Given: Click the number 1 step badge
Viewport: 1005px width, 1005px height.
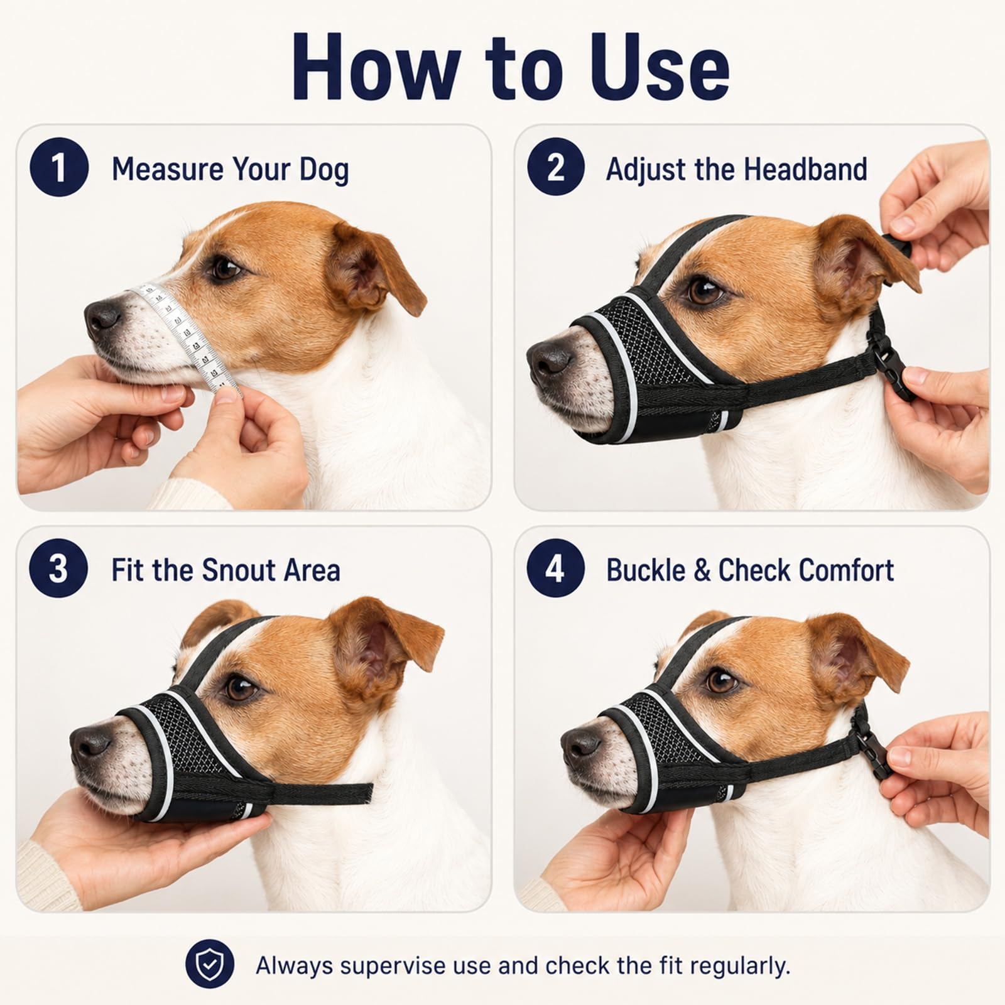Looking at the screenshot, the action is coord(58,168).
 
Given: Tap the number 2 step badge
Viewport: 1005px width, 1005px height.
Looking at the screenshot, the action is coord(556,168).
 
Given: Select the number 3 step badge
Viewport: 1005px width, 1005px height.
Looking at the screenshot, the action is coord(58,568).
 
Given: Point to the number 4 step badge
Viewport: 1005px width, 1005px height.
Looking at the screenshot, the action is coord(556,568).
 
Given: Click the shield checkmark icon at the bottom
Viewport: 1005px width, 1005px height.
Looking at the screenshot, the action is coord(210,964).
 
